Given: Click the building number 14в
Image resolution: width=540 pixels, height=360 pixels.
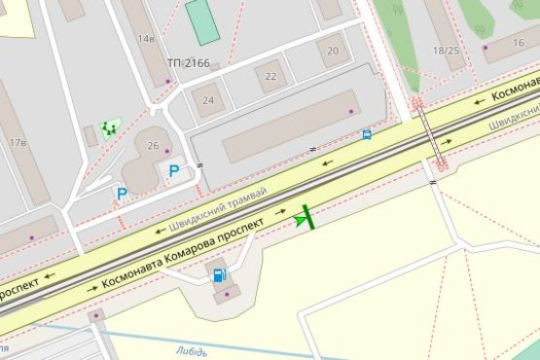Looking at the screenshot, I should click(x=146, y=39).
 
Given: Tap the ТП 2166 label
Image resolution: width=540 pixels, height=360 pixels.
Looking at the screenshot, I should click(x=188, y=63).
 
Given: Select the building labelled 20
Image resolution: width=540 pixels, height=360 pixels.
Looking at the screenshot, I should click(x=334, y=51).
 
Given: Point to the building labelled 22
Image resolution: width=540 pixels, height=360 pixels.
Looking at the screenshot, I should click(x=271, y=76).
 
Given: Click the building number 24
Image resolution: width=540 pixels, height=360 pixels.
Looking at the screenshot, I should click(x=208, y=100).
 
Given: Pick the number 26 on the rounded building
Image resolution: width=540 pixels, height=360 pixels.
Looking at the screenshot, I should click(x=153, y=146).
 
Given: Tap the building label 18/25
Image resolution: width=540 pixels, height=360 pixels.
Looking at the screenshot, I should click(x=446, y=50).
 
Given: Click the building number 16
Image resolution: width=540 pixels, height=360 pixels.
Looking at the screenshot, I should click(x=520, y=43).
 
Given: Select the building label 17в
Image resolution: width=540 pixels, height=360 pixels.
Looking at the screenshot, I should click(x=18, y=143).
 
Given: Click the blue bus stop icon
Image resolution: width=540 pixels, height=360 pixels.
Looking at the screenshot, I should click(x=367, y=135).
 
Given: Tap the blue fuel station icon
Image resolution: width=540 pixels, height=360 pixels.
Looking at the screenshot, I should click(x=220, y=275).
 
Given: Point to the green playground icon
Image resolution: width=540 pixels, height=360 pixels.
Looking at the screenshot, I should click(x=109, y=127).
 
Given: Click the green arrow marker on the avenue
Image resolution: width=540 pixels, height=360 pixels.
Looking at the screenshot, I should click(x=306, y=218).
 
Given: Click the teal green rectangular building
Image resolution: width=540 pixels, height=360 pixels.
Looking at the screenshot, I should click(x=202, y=21).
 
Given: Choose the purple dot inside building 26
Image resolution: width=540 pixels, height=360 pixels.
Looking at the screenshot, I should click(x=167, y=152).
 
